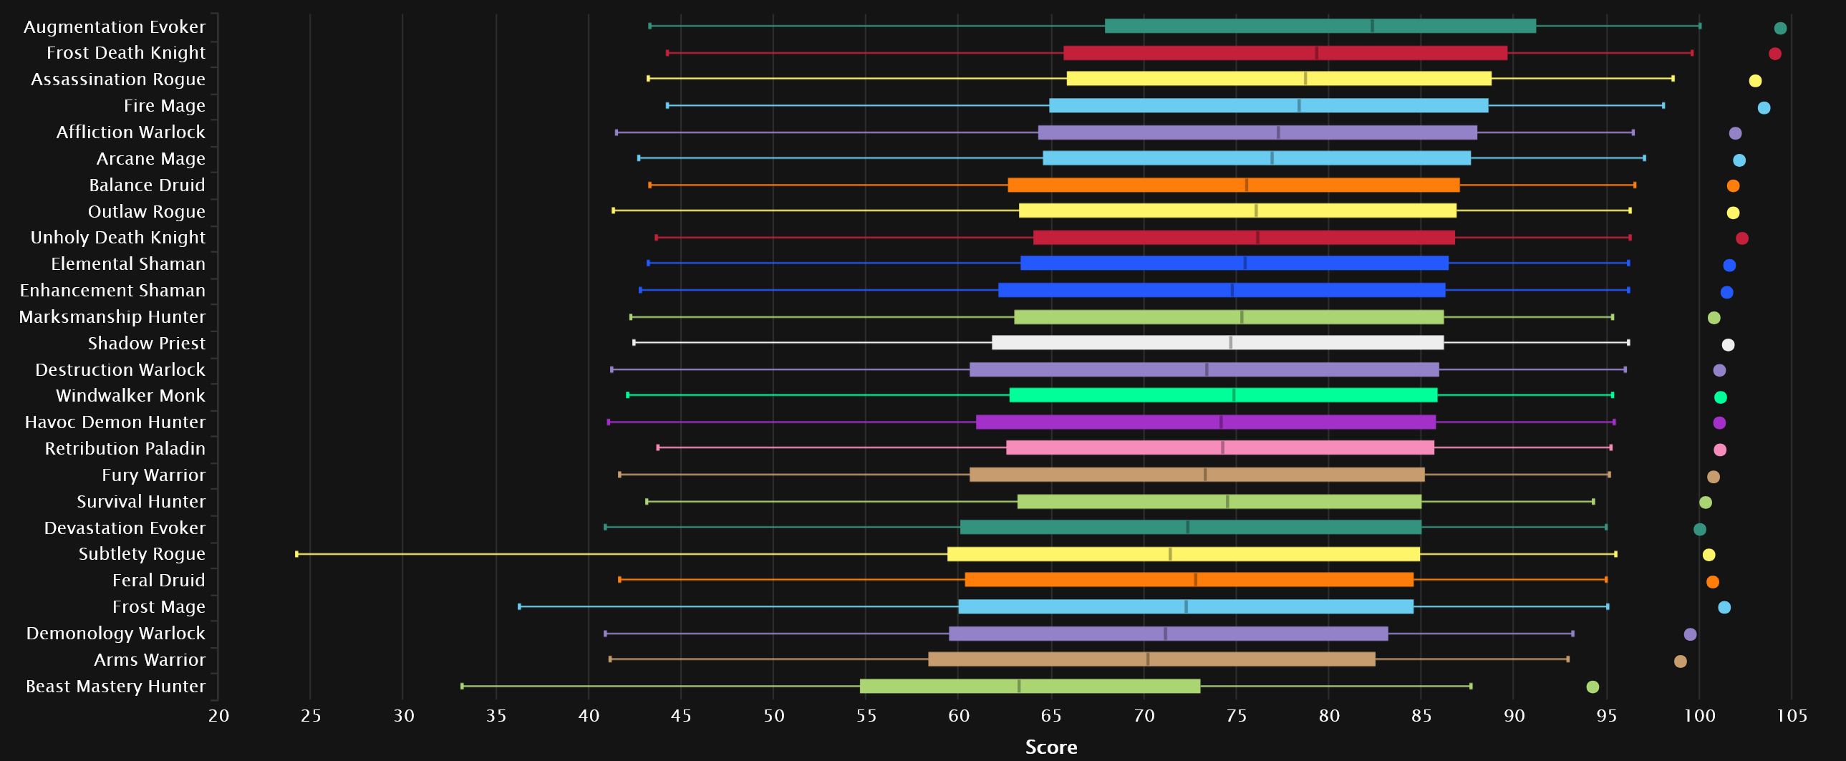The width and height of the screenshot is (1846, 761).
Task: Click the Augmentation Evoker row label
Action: click(x=115, y=26)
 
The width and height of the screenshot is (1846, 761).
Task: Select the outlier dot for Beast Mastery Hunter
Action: click(x=1593, y=687)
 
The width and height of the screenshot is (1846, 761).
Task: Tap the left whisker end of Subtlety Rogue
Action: click(x=296, y=554)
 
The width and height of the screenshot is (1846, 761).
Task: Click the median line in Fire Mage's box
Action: click(x=1298, y=106)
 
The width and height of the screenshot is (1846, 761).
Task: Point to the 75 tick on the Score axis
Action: click(x=1236, y=715)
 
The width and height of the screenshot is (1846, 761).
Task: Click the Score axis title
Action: click(x=1050, y=747)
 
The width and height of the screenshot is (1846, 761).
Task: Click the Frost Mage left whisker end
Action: click(x=520, y=607)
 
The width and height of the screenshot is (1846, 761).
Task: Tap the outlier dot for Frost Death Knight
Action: click(x=1774, y=54)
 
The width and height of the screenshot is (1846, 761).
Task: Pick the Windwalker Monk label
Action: click(x=130, y=396)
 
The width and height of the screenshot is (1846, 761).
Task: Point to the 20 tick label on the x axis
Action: click(x=218, y=715)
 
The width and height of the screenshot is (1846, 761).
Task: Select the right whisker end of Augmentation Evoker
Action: click(x=1700, y=26)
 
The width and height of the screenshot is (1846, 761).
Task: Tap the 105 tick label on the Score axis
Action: click(x=1792, y=715)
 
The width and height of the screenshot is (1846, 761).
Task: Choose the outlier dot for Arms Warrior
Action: click(x=1680, y=661)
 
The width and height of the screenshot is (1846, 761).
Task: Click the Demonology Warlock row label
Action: click(x=115, y=634)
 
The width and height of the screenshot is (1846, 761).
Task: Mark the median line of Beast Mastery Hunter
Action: click(x=1019, y=687)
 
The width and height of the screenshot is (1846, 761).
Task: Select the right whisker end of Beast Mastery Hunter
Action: click(x=1471, y=687)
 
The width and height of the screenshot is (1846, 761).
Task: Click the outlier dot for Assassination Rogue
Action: click(x=1755, y=81)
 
